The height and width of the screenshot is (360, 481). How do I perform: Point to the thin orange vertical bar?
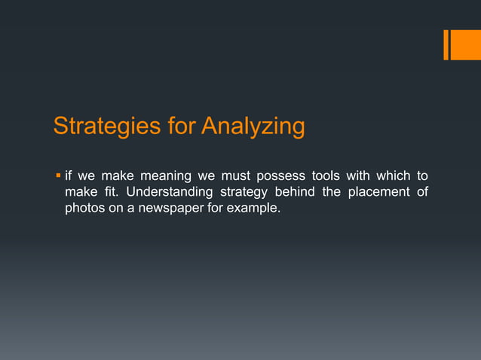click(x=446, y=44)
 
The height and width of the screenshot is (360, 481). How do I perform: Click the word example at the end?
click(x=256, y=208)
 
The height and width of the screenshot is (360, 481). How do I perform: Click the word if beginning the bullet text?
click(x=69, y=177)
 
